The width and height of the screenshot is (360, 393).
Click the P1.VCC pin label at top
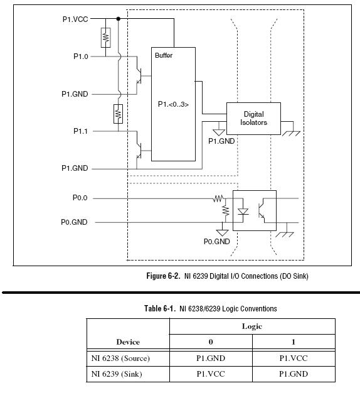pos(75,19)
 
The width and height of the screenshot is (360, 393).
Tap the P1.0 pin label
pos(81,57)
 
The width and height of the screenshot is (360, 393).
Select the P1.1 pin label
pos(80,131)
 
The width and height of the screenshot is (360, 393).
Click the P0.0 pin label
pos(80,198)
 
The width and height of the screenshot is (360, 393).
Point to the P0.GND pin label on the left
pos(74,222)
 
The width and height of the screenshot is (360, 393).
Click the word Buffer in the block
pos(164,55)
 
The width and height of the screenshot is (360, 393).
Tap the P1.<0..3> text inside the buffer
pos(173,104)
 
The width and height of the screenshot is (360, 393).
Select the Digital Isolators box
pos(253,119)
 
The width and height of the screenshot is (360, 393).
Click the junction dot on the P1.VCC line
pos(118,19)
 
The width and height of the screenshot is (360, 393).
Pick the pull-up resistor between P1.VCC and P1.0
pos(105,38)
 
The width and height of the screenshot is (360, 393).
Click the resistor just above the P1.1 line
pos(118,114)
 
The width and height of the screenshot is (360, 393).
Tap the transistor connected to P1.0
pos(139,76)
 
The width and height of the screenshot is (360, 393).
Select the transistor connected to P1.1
pos(139,151)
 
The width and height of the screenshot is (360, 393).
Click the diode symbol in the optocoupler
pos(243,212)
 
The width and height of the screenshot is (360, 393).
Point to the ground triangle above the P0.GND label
pos(222,232)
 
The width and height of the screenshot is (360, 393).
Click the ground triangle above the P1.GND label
pos(219,132)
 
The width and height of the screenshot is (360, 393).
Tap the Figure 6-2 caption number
pos(163,276)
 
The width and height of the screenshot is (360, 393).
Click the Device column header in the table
pos(128,342)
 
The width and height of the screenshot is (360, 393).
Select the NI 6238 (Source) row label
pos(120,358)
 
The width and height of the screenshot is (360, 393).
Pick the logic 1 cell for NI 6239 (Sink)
pos(294,374)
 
